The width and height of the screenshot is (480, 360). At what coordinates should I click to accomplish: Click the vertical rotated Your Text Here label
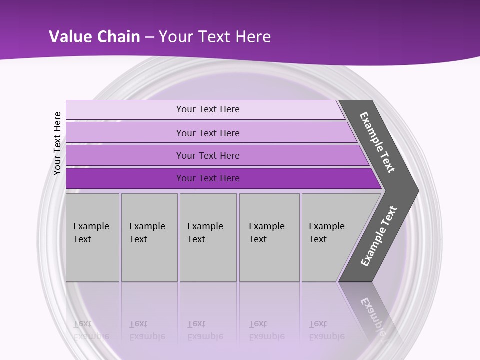click(57, 143)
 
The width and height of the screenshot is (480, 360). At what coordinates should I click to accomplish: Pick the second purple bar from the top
click(207, 133)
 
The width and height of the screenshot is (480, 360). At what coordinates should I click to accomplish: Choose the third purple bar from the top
click(207, 156)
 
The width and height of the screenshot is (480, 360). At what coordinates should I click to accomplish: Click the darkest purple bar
click(207, 178)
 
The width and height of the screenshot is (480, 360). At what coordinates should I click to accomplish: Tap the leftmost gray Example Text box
click(92, 237)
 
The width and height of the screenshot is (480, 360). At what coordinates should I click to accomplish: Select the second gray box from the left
click(149, 237)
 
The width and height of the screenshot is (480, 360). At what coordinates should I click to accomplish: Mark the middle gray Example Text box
click(208, 237)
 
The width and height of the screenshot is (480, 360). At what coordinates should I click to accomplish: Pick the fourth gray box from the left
click(269, 237)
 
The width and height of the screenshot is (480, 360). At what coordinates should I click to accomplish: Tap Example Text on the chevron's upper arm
click(377, 142)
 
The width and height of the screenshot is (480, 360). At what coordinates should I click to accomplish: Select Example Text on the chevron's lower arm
click(378, 236)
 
